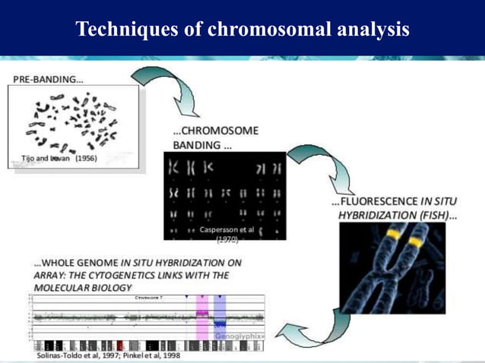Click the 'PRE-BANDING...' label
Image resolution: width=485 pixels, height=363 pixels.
[x=48, y=78]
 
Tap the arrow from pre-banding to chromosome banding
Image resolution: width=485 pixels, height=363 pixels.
[x=162, y=92]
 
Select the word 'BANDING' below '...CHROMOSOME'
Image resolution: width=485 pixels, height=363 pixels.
[x=198, y=144]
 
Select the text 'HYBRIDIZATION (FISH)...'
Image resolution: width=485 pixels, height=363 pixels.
[x=395, y=216]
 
